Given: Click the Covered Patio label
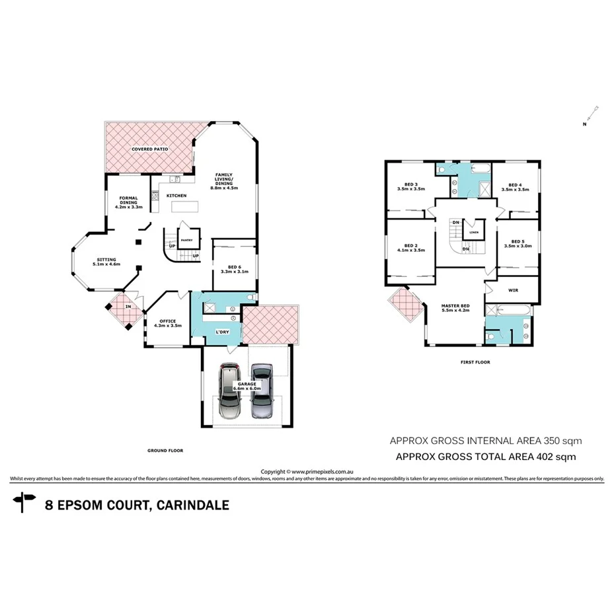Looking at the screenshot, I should pyautogui.click(x=149, y=149).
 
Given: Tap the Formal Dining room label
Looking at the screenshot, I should pyautogui.click(x=128, y=202).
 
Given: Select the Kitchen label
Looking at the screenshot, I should pyautogui.click(x=176, y=196).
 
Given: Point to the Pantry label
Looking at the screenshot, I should pyautogui.click(x=186, y=241).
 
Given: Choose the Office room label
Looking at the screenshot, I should pyautogui.click(x=167, y=323).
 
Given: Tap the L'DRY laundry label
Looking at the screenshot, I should pyautogui.click(x=223, y=331).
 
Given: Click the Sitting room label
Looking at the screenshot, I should pyautogui.click(x=106, y=262).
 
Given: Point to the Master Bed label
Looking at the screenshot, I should pyautogui.click(x=455, y=308).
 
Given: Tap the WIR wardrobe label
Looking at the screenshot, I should pyautogui.click(x=512, y=290).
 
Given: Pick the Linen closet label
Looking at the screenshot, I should pyautogui.click(x=473, y=233).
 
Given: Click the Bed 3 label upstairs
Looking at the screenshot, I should pyautogui.click(x=410, y=186).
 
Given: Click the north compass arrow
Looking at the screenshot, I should pyautogui.click(x=592, y=112).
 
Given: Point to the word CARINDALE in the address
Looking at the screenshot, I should pyautogui.click(x=192, y=506).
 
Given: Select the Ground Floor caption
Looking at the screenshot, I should pyautogui.click(x=165, y=450).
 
